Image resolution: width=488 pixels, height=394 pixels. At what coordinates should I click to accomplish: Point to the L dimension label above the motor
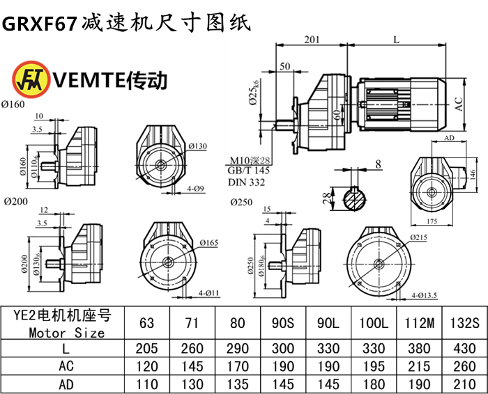pos(396,40)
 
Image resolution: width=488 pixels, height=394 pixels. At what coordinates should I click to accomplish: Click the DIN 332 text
pos(246,182)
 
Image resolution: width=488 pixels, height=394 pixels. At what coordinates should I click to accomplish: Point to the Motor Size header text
pos(67,332)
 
